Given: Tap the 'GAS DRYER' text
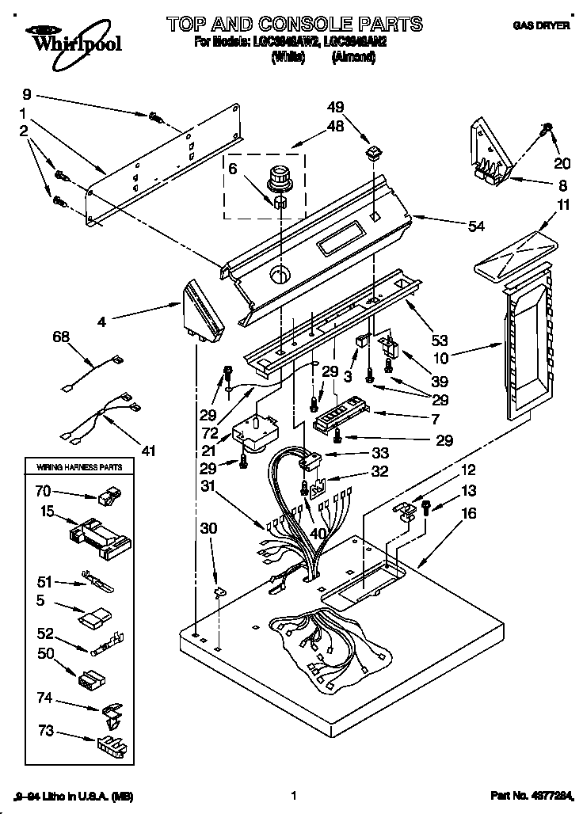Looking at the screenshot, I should point(541,25).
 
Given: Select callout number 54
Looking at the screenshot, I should point(477,227).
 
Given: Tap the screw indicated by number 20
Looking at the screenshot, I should point(547,127).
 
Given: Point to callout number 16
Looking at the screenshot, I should point(469,514).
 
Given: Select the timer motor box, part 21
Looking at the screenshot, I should point(256,432).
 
